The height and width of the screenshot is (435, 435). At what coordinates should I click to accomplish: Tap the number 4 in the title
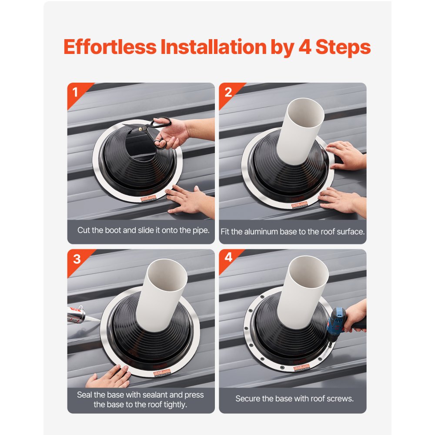(x=304, y=47)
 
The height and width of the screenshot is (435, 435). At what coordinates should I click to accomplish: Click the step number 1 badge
(x=76, y=92)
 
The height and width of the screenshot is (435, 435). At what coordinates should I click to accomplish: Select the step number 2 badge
(x=228, y=92)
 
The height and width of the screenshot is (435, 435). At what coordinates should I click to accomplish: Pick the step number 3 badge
(x=77, y=259)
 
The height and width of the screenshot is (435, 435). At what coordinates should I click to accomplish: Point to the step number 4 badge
(x=228, y=258)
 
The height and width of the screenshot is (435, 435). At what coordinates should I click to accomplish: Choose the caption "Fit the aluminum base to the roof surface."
(x=292, y=232)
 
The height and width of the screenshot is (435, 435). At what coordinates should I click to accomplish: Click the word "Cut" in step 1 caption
(x=83, y=230)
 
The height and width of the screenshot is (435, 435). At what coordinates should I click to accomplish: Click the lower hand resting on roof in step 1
(x=188, y=201)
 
